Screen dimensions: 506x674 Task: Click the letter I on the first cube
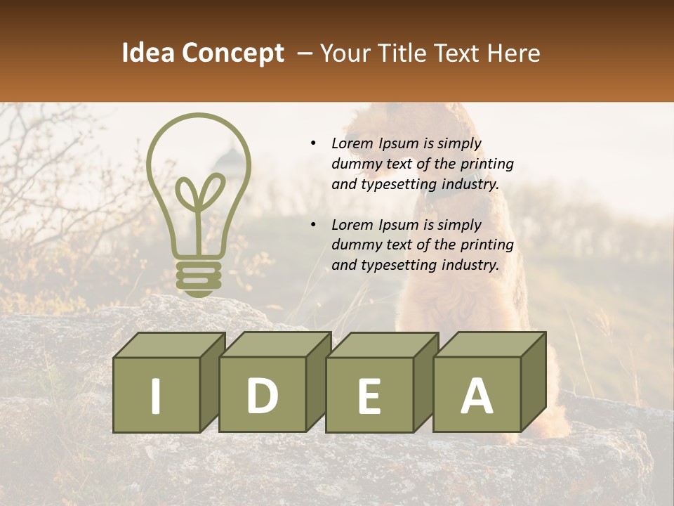coord(156,396)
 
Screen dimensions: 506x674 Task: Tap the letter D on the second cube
coord(263,396)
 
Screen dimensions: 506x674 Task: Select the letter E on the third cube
coord(369,396)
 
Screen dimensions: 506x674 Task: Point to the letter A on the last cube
coord(477,396)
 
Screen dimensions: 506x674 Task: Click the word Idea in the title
coord(147,53)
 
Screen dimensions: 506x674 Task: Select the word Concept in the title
coord(232,53)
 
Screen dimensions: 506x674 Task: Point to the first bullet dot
coord(314,144)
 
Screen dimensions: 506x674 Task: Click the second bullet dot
coord(314,226)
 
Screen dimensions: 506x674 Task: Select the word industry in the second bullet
coord(470,266)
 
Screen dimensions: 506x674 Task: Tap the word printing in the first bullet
coord(487,164)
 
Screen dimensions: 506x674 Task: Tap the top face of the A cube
coord(489,344)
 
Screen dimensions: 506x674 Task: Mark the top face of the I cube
coord(169,344)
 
